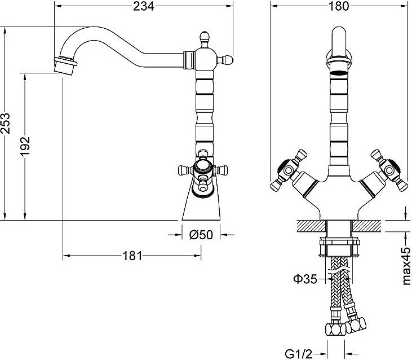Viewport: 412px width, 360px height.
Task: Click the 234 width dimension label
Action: coord(144,6)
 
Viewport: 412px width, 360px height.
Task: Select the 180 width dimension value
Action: coord(338,6)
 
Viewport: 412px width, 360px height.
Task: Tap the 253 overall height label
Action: coord(6,124)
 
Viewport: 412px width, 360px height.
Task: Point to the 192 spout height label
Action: coord(25,146)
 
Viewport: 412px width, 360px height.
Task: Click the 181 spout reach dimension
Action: coord(132,256)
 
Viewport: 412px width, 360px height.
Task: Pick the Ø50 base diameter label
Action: coord(201,235)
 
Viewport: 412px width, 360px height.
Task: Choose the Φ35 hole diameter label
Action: coord(305,279)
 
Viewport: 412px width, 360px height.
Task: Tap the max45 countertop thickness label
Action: coord(406,266)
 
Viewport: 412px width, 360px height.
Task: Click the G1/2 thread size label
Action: coord(298,354)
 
